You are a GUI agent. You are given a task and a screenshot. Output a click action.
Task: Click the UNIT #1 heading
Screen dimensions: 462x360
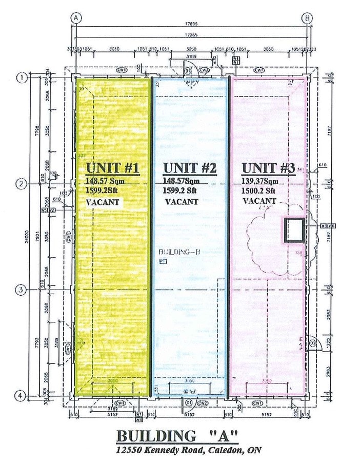tap(113, 168)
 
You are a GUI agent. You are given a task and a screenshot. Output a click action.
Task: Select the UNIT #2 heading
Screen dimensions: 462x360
tap(190, 168)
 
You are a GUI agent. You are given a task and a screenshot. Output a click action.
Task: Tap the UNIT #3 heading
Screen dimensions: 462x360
tap(268, 168)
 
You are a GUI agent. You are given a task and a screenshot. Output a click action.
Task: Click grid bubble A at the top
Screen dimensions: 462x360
tap(76, 18)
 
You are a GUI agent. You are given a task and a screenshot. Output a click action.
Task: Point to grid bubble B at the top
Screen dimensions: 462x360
tap(307, 18)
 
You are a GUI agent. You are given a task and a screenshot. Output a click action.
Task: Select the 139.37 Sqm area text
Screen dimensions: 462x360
tap(261, 181)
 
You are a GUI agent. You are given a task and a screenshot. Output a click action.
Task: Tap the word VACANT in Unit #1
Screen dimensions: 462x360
tap(103, 202)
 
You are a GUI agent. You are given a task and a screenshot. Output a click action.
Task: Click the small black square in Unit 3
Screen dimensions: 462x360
tap(294, 229)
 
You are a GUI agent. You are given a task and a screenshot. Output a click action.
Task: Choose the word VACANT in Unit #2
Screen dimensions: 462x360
tap(181, 202)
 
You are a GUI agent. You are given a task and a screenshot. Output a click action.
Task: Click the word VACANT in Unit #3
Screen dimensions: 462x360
tap(259, 201)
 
